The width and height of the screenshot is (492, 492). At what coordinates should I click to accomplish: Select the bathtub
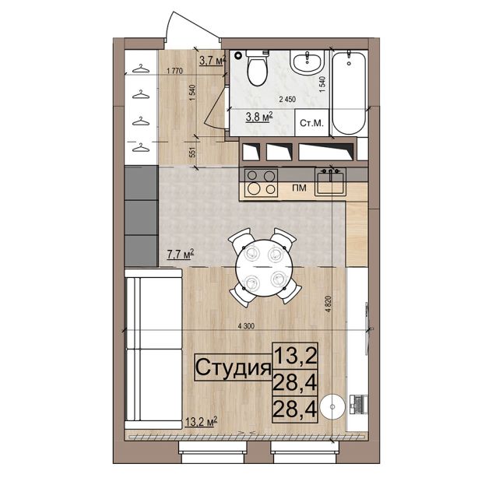click(349, 93)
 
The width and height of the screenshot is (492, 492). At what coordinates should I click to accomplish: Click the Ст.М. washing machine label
click(311, 123)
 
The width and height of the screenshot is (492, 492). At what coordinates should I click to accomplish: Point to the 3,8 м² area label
click(259, 118)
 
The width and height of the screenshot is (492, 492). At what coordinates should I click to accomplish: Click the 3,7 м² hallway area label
click(213, 60)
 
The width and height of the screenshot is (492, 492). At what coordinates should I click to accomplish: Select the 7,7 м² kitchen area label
click(180, 254)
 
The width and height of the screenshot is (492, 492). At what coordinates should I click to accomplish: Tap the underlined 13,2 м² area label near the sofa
click(201, 422)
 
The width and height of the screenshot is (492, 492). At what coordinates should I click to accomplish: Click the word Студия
click(233, 367)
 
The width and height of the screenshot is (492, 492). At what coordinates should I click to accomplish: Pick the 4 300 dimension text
click(246, 326)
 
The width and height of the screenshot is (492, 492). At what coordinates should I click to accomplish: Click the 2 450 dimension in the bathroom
click(287, 100)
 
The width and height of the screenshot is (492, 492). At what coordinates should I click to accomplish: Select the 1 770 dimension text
click(175, 71)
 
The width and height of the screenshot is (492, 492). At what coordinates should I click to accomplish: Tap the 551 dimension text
click(192, 153)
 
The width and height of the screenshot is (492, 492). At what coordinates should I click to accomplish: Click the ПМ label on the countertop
click(299, 188)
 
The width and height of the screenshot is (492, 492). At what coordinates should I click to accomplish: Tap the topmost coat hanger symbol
click(140, 69)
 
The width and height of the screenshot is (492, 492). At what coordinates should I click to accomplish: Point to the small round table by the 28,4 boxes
click(332, 406)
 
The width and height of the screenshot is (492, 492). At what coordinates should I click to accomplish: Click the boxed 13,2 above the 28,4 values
click(295, 356)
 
